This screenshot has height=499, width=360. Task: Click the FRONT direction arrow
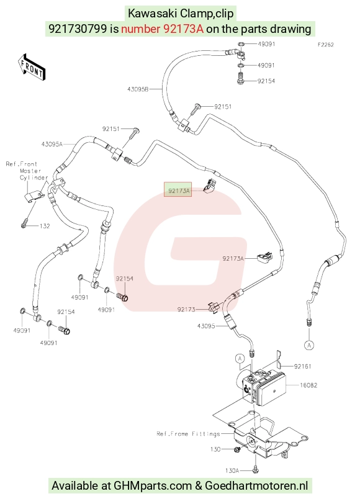(31, 68)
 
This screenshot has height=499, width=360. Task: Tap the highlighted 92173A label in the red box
(178, 191)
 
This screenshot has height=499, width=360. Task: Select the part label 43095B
(138, 89)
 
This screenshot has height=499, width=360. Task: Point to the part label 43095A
(52, 144)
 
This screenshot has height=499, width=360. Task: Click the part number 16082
(308, 385)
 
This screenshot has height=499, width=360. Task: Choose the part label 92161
(303, 366)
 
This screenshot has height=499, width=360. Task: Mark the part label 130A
(232, 470)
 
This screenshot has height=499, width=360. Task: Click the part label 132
(45, 226)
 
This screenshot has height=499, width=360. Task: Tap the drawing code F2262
(326, 45)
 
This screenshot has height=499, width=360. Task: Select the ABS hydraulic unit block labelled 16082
(261, 387)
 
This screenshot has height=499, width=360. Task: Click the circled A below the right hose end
(309, 345)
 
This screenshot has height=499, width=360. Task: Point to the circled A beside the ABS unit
(240, 359)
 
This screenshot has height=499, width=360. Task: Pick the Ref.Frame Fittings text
(188, 434)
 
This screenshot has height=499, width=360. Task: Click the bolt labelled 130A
(255, 469)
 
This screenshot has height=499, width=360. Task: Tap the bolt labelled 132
(24, 224)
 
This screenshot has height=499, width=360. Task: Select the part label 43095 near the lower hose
(206, 326)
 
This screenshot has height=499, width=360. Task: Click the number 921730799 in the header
(78, 29)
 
